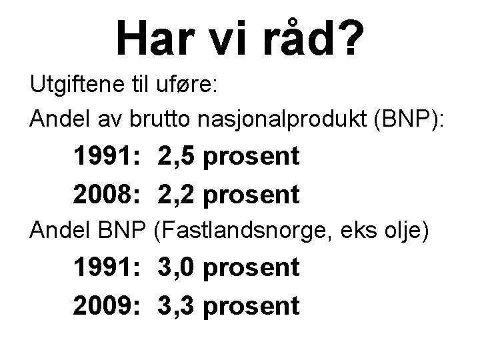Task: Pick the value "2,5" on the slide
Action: click(177, 157)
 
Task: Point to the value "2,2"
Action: click(177, 195)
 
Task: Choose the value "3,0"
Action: click(177, 268)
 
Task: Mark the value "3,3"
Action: click(177, 306)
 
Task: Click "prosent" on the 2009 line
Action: click(251, 306)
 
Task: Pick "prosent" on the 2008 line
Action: click(251, 195)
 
